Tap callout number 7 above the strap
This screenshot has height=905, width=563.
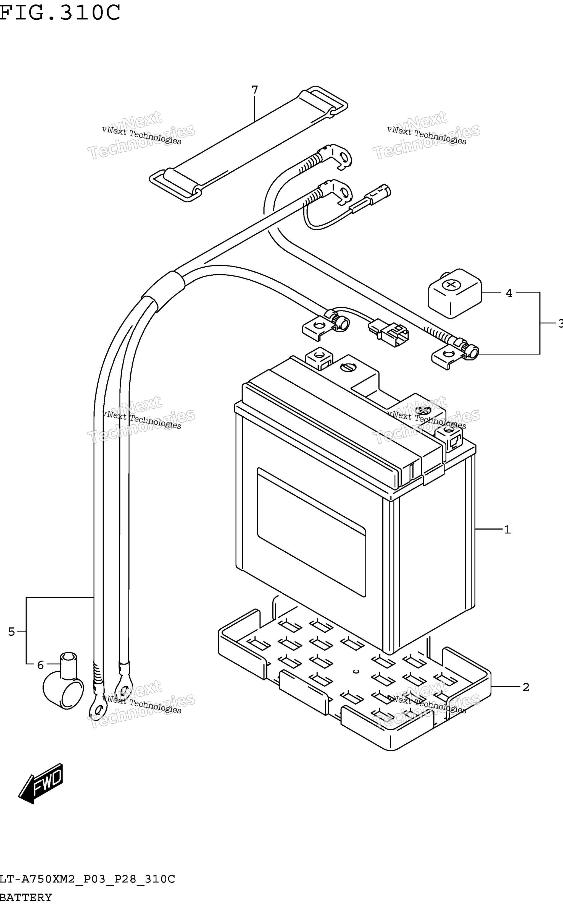pyautogui.click(x=255, y=90)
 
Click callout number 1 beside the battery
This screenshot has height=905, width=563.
pyautogui.click(x=507, y=530)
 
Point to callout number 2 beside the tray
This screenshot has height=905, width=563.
pyautogui.click(x=526, y=687)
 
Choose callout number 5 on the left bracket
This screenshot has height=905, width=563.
pyautogui.click(x=12, y=632)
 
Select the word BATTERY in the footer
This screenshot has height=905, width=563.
pyautogui.click(x=26, y=897)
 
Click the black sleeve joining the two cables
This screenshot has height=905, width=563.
pyautogui.click(x=163, y=292)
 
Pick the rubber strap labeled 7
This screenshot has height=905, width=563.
pyautogui.click(x=248, y=144)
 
